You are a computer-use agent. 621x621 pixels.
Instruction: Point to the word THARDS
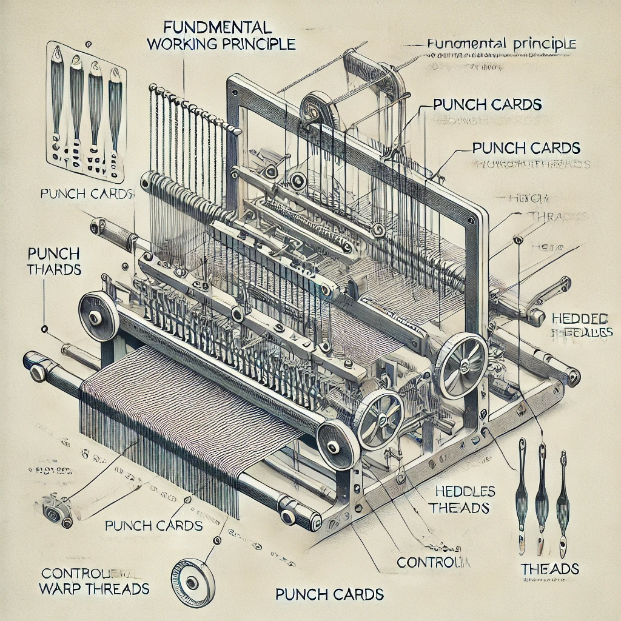tap(55, 269)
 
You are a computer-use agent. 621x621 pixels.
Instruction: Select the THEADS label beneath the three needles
tap(550, 569)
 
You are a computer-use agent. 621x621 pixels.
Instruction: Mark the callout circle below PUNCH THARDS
tap(44, 329)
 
